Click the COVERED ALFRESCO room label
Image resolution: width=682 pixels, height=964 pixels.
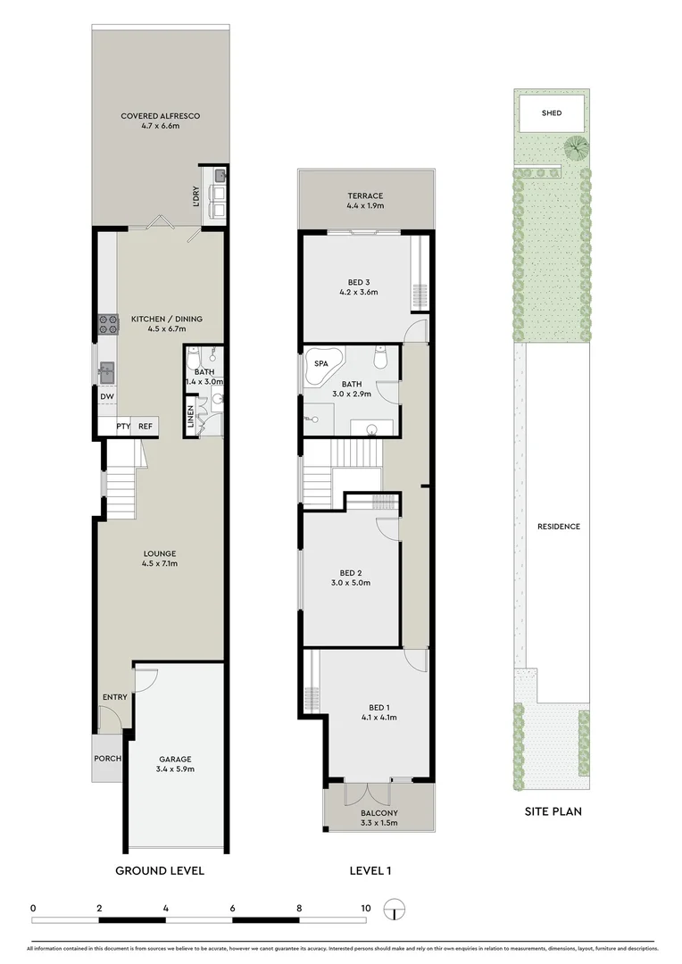[x=161, y=116]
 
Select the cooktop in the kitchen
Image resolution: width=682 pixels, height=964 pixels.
[x=109, y=323]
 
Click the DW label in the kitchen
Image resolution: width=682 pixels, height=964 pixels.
[x=106, y=397]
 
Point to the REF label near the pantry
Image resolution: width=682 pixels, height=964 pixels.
[x=146, y=427]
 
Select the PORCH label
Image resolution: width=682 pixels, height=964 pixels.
[x=107, y=758]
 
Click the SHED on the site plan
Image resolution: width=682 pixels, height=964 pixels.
[x=551, y=113]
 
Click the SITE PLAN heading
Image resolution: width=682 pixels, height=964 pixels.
[x=552, y=811]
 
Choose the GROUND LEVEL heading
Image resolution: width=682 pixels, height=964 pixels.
[x=161, y=870]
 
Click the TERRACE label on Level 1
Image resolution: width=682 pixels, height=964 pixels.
[x=365, y=196]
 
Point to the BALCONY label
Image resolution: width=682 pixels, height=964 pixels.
[x=379, y=813]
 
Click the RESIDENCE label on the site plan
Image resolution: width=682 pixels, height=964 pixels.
[x=558, y=527]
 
